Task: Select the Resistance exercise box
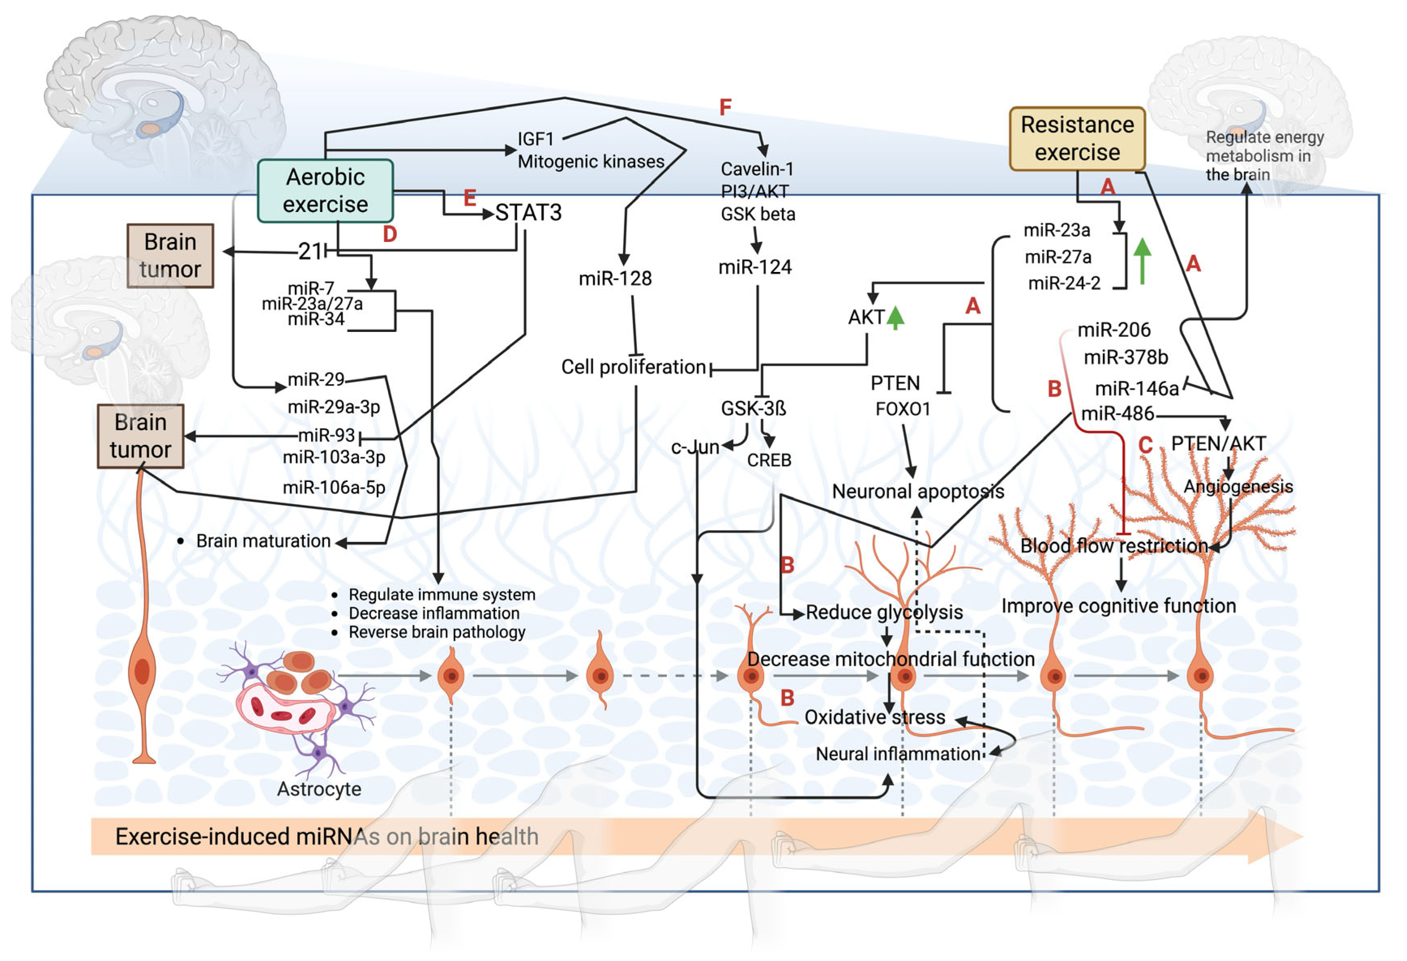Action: (x=1077, y=139)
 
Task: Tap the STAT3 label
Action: (x=529, y=212)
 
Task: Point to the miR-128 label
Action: (x=615, y=278)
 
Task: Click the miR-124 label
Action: (x=755, y=267)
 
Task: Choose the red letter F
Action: (x=725, y=107)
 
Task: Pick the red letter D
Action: (x=390, y=234)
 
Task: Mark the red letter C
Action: (x=1145, y=445)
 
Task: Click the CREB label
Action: (x=769, y=460)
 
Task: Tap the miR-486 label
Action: (x=1118, y=413)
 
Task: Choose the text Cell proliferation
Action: (x=633, y=367)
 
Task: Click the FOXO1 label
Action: (x=903, y=409)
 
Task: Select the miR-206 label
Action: (x=1114, y=330)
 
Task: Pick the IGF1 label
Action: (x=536, y=139)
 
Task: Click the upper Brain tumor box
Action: (x=170, y=255)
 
